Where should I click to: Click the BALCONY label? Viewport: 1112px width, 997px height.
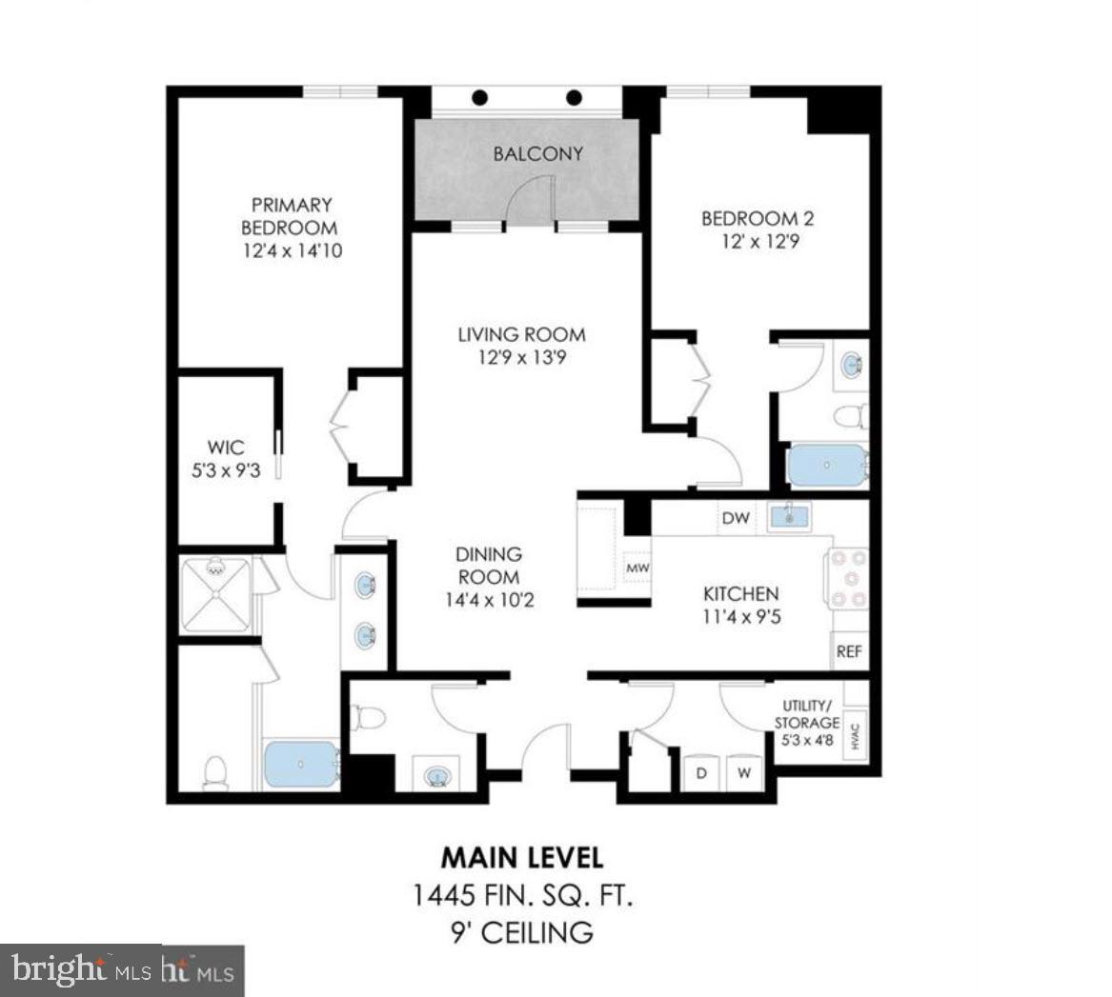(x=537, y=154)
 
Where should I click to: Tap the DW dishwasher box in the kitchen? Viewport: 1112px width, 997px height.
(x=736, y=518)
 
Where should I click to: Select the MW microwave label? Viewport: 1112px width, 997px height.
(x=637, y=568)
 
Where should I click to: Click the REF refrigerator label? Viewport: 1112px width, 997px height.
(x=849, y=652)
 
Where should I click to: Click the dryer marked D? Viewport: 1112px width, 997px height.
(x=702, y=772)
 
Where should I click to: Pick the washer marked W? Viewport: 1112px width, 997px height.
(x=744, y=772)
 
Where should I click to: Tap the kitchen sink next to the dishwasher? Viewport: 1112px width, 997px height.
(x=789, y=517)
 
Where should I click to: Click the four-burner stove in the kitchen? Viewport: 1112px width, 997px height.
(x=847, y=578)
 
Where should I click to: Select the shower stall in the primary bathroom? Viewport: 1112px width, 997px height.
(x=215, y=595)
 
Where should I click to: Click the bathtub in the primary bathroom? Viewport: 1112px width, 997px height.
(x=301, y=765)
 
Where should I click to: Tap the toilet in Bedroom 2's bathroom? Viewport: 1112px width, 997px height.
(x=850, y=416)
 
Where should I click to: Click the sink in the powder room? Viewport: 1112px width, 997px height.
(x=437, y=776)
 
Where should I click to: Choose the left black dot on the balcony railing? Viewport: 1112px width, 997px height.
(x=481, y=97)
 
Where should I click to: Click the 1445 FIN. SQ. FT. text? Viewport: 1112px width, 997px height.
(x=522, y=895)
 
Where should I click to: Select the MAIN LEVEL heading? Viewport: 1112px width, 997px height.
(x=522, y=857)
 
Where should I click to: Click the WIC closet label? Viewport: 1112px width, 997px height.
(x=226, y=447)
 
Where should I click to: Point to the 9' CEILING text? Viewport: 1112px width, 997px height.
(x=522, y=932)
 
